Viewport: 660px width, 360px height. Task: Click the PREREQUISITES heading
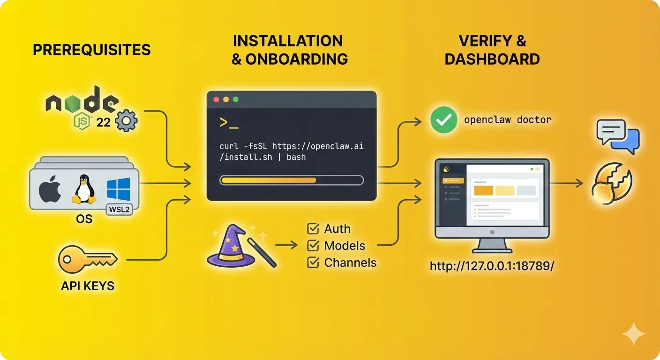click(x=92, y=49)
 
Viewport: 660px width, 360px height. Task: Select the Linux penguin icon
click(x=84, y=189)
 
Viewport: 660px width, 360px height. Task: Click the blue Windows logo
click(x=119, y=189)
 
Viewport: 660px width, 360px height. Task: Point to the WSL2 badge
click(x=120, y=209)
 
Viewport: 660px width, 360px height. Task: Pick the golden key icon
click(x=87, y=259)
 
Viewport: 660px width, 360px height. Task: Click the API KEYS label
click(x=88, y=286)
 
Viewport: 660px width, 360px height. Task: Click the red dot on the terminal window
click(x=216, y=100)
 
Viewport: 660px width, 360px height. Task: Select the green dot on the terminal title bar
click(x=236, y=100)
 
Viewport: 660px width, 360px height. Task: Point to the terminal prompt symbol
click(x=229, y=123)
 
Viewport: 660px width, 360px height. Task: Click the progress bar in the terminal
click(x=291, y=180)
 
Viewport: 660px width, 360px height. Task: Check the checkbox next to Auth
click(x=313, y=229)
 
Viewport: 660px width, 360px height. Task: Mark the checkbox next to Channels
click(x=313, y=262)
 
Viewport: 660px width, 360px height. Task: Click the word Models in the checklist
click(x=345, y=246)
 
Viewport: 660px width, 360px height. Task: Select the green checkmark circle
click(x=443, y=120)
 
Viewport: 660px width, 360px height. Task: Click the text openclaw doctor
click(x=508, y=120)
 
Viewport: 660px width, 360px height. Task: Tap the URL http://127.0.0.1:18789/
click(x=492, y=266)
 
